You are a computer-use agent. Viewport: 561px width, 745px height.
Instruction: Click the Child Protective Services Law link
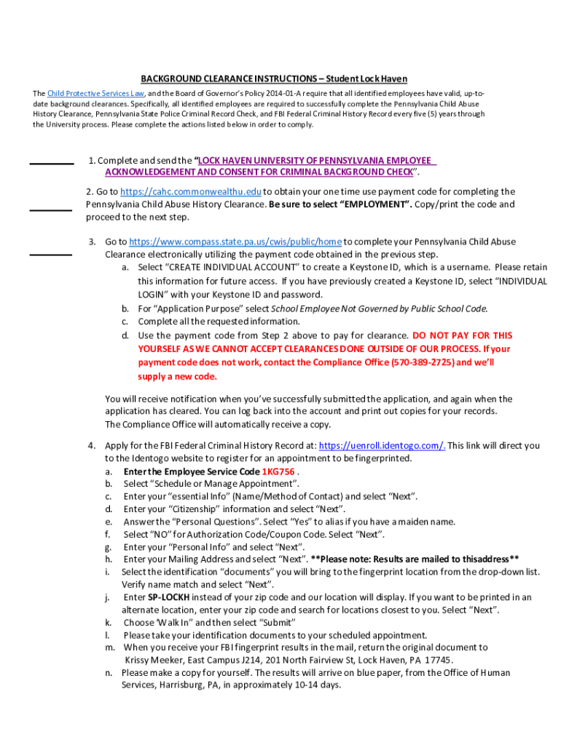pos(95,94)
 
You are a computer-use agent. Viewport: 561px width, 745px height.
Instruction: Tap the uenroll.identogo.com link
pos(382,445)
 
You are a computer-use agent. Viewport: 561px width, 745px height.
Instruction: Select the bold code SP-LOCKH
pos(170,597)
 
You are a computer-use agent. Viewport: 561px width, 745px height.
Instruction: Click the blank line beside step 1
pos(51,164)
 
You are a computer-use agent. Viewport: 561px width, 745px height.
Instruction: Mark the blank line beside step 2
pos(50,210)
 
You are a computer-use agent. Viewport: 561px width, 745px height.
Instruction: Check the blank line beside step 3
pos(50,255)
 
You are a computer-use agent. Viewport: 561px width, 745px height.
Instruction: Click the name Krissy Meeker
pos(152,660)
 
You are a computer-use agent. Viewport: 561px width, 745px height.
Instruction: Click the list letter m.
pos(110,647)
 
